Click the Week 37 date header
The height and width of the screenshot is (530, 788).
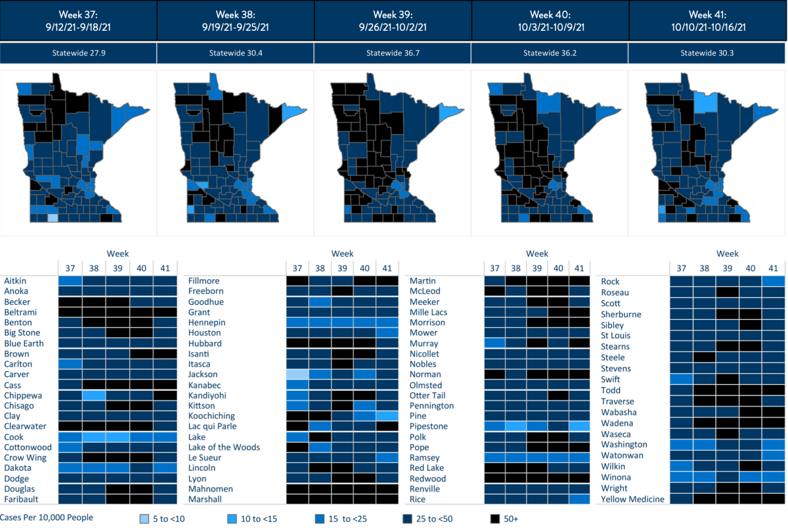pos(79,20)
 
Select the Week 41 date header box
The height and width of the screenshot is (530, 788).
pos(707,20)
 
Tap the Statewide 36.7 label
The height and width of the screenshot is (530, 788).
pos(393,53)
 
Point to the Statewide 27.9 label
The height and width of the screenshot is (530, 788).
pos(79,53)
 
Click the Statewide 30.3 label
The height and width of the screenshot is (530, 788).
pos(707,53)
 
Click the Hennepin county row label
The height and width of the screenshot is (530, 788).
pos(206,322)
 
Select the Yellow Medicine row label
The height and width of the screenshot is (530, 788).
pos(633,499)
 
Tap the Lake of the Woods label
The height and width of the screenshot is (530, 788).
pos(224,447)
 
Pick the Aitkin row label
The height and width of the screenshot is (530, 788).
pos(16,281)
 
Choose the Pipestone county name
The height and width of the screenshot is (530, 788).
pos(428,427)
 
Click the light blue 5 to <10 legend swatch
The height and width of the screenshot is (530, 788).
pos(144,518)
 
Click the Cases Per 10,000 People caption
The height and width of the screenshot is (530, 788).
pos(47,518)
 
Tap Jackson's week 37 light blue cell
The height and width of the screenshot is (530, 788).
pos(297,374)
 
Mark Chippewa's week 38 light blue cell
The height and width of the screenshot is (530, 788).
pos(93,395)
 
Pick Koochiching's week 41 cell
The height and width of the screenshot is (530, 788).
pos(387,416)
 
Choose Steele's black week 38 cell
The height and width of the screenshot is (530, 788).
pos(704,357)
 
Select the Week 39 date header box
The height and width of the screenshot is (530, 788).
pos(393,20)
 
